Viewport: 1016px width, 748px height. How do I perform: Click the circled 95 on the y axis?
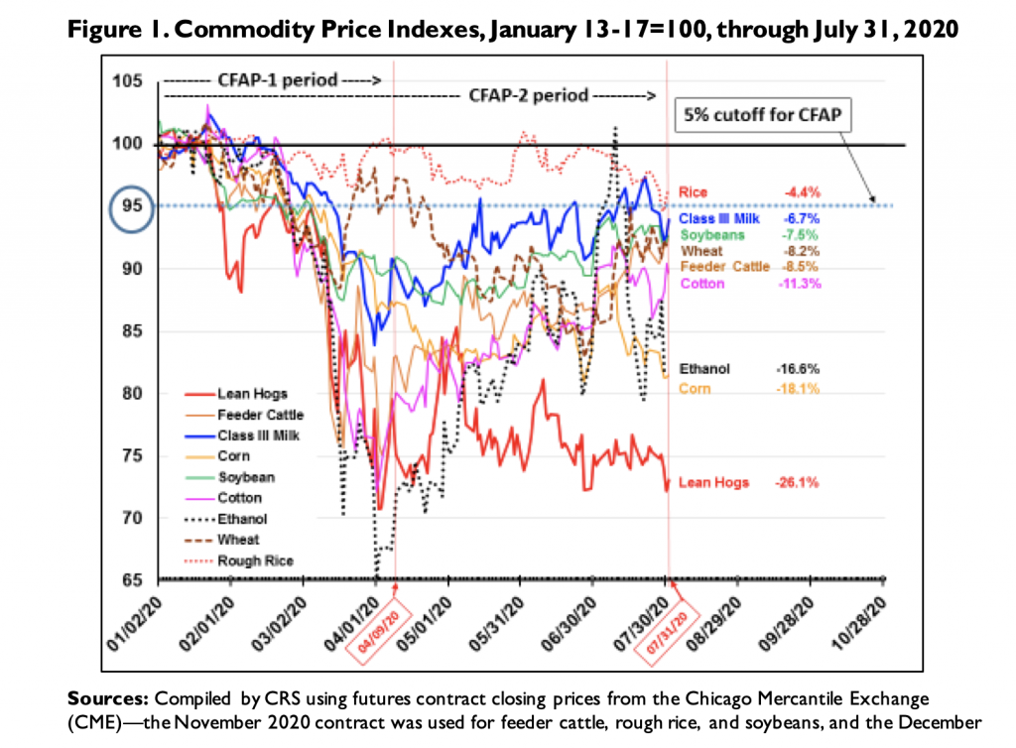click(129, 206)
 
